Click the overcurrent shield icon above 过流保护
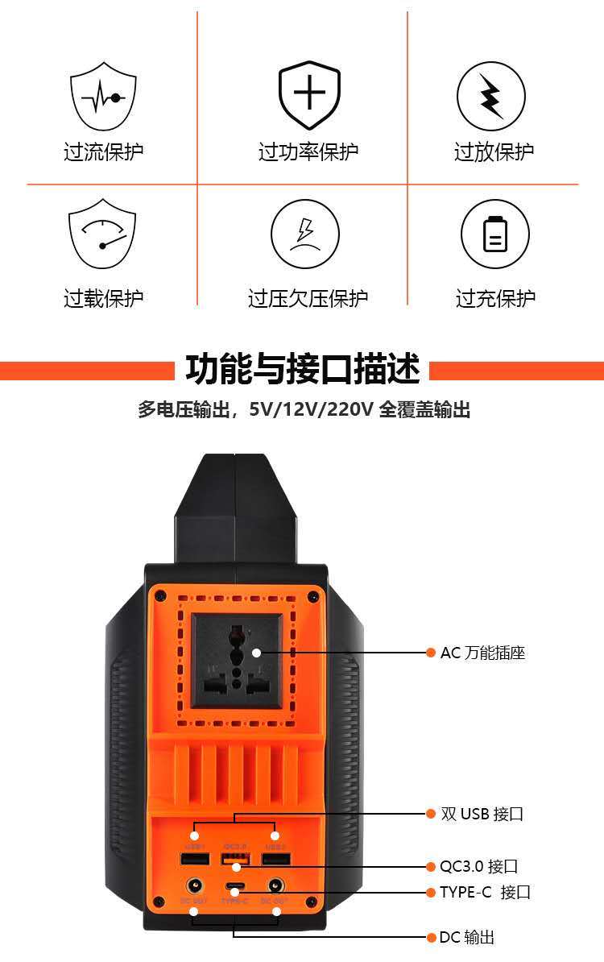[x=102, y=96]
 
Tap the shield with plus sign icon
[x=308, y=94]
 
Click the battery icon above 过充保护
[x=494, y=234]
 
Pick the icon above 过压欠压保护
[x=305, y=234]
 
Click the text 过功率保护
[x=308, y=151]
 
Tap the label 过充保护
[x=495, y=298]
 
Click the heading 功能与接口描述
[x=303, y=370]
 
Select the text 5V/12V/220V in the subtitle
[x=311, y=410]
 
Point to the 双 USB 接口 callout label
[x=482, y=814]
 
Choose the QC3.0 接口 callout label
[x=478, y=867]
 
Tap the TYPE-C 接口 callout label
[x=485, y=892]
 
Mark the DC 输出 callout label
[x=467, y=937]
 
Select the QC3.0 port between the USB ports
[x=235, y=859]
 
